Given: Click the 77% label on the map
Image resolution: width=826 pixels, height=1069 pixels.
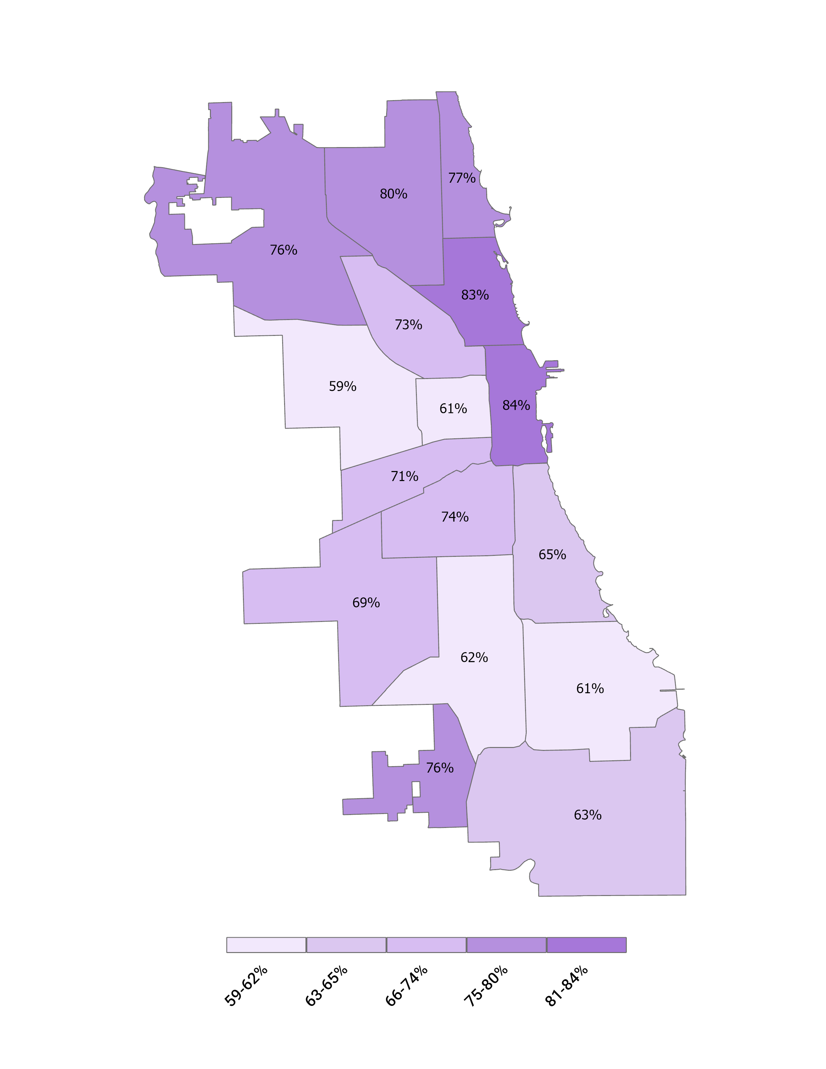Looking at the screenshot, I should coord(462,178).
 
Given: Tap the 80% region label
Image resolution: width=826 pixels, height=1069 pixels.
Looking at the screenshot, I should coord(394,194).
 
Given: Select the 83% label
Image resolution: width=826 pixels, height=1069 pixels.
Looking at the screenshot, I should coord(475,295).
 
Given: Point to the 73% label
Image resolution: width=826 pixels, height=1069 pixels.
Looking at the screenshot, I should coord(408,325).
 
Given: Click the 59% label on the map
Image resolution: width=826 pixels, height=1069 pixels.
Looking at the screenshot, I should coord(342,387).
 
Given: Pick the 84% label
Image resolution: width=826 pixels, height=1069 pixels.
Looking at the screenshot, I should coord(516,405).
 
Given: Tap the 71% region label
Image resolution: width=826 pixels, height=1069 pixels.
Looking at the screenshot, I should coord(404,477).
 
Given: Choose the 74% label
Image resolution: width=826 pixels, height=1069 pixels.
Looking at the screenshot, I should coord(454,517).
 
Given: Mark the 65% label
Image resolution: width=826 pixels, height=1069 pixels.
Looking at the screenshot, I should coord(552,555).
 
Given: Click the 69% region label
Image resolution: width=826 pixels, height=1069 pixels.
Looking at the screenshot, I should coord(366,603).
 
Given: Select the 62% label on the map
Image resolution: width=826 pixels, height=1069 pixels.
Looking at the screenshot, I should coord(474,658).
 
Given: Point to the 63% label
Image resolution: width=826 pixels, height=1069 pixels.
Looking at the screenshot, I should coord(587,815).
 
